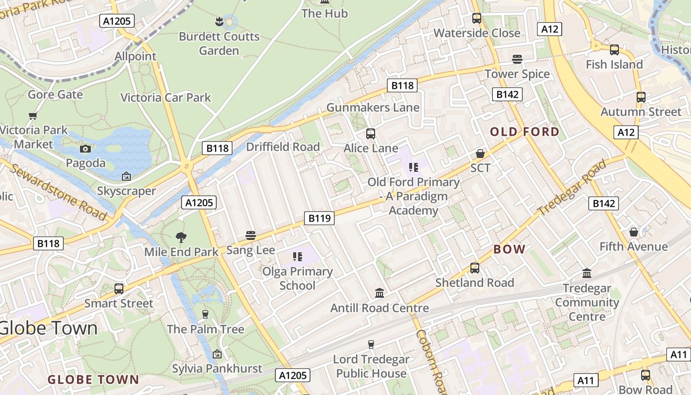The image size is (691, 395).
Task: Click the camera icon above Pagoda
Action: [x=85, y=149]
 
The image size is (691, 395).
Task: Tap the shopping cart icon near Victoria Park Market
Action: [x=33, y=116]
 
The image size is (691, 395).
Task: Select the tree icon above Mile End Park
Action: [x=181, y=237]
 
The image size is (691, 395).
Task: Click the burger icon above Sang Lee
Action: [x=251, y=236]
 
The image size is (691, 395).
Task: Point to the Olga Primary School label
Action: [x=297, y=278]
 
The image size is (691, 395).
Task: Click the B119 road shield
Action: [x=319, y=218]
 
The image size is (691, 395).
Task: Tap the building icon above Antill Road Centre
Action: [x=380, y=293]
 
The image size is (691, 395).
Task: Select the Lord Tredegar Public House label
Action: [x=371, y=366]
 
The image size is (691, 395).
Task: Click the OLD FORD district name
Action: [x=525, y=132]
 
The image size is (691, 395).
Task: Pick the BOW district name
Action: [x=509, y=249]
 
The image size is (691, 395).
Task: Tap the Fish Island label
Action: [x=614, y=65]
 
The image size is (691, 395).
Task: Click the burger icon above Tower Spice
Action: [x=517, y=59]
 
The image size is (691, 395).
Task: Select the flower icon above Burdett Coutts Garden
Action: [x=219, y=22]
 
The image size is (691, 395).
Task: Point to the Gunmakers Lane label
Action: [x=373, y=108]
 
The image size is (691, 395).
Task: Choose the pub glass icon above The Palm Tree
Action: [x=206, y=315]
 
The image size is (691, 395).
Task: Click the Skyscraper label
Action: [x=126, y=191]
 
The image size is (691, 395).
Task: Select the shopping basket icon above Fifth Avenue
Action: [x=634, y=232]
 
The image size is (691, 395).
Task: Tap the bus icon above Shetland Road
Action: [x=475, y=268]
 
